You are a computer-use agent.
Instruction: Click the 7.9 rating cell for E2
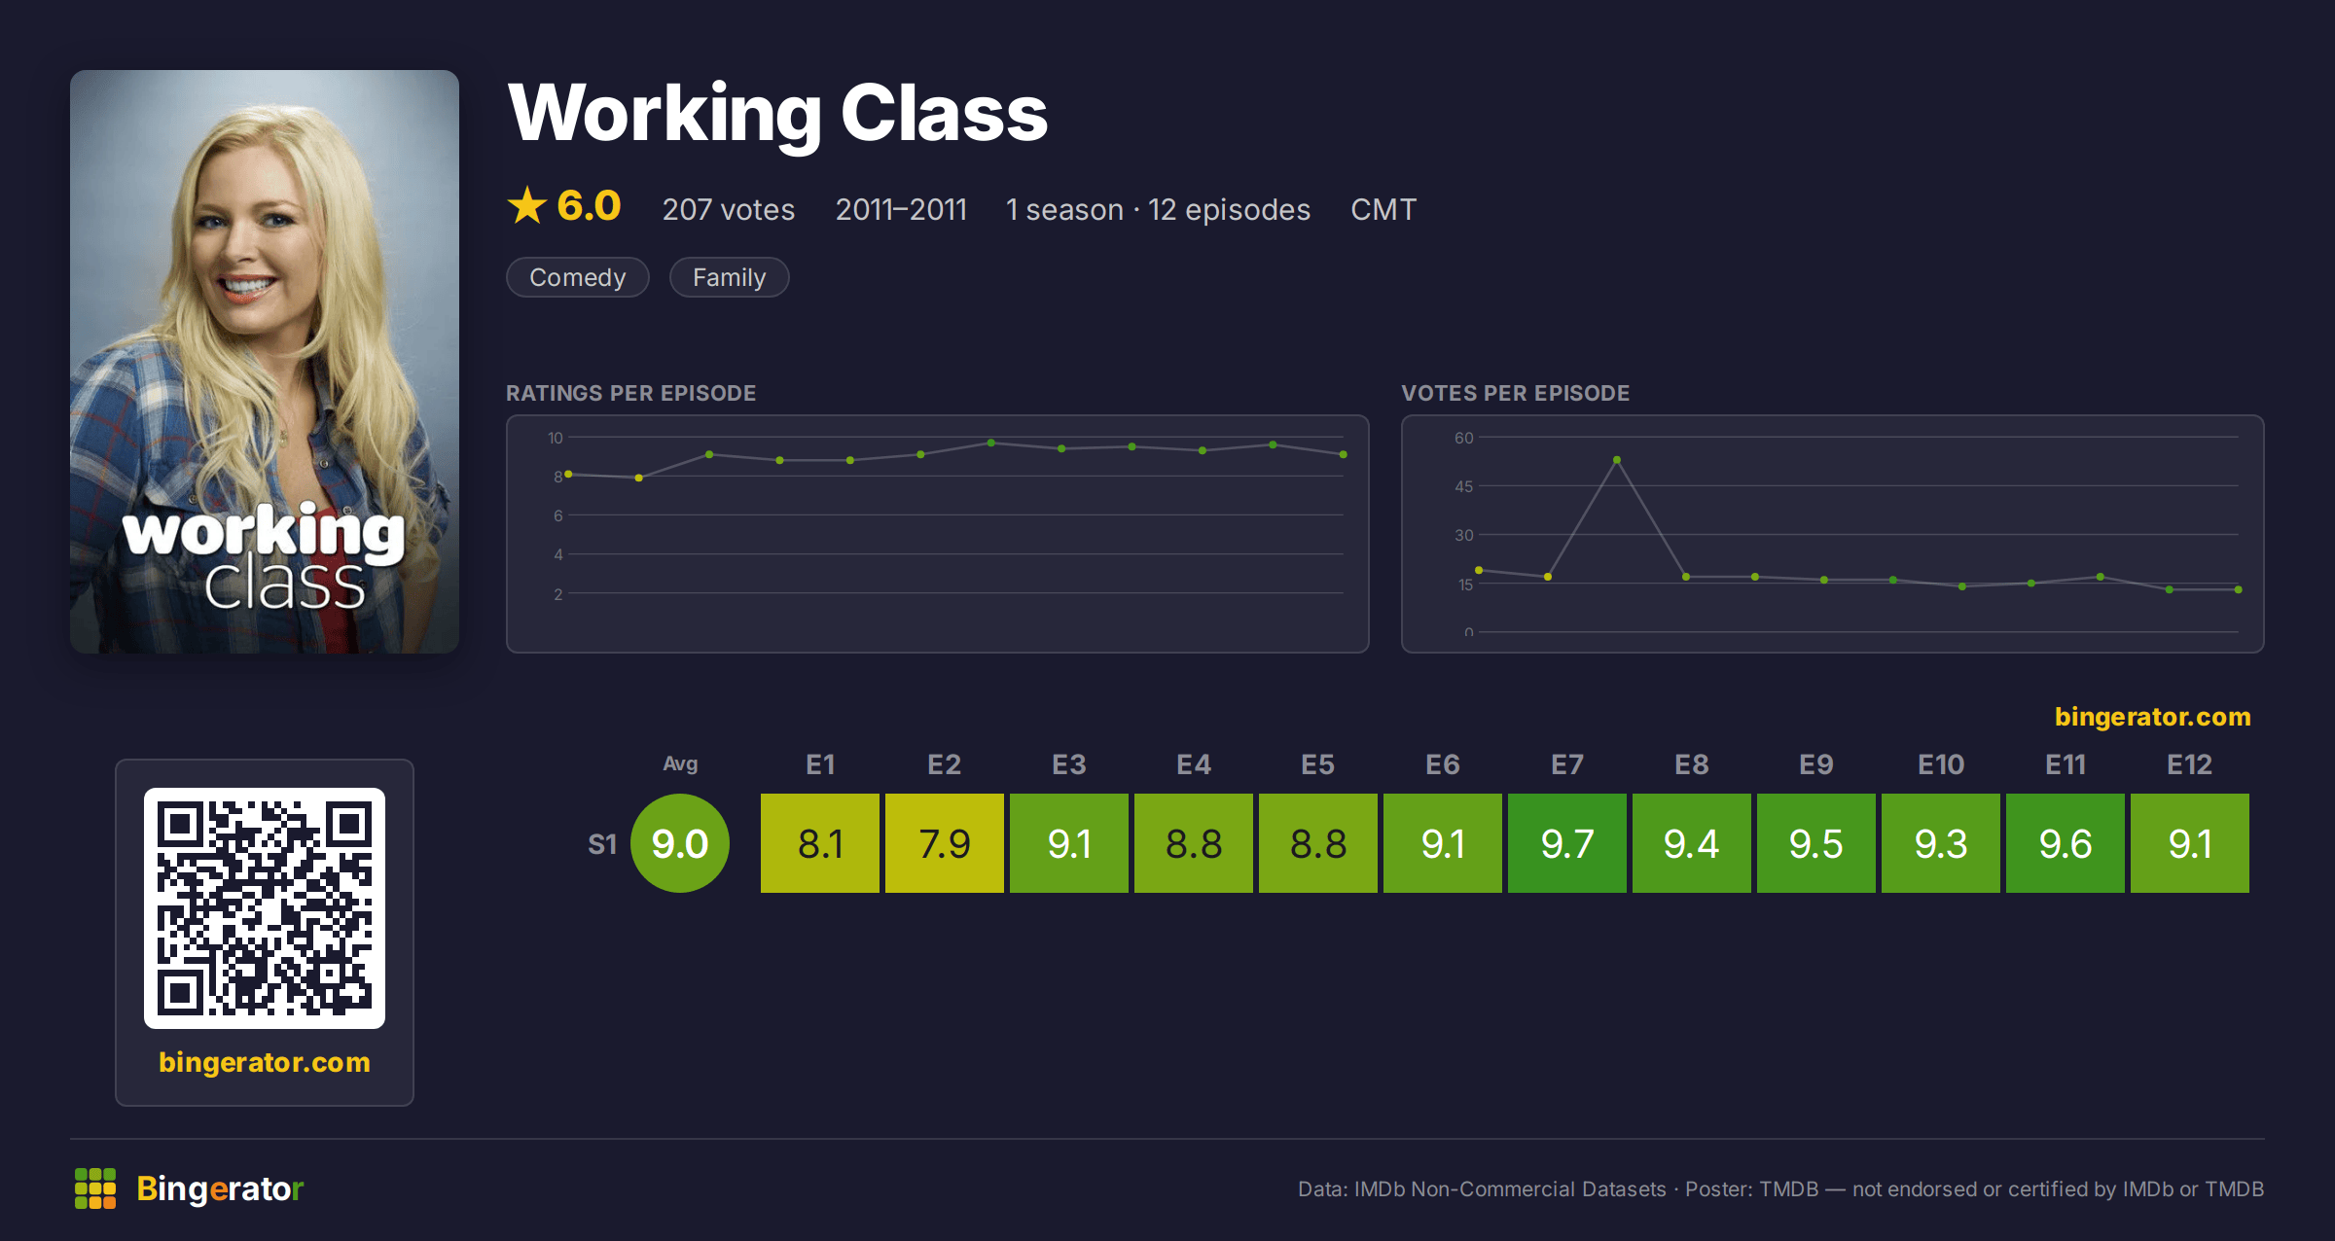(x=944, y=843)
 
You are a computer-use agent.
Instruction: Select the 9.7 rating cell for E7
(x=1566, y=843)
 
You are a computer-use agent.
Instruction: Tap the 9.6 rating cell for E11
(x=2065, y=843)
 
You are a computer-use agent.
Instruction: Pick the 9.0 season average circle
(x=680, y=843)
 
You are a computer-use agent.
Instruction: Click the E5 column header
(x=1317, y=764)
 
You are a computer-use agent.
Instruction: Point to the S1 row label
(x=602, y=844)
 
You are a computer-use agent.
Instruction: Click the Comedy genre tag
(x=578, y=277)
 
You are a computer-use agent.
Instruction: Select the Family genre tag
(x=730, y=277)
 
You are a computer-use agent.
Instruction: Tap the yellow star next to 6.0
(x=527, y=205)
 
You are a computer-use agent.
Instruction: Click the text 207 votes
(x=729, y=209)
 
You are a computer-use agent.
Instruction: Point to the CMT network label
(x=1383, y=209)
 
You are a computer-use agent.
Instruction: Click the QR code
(x=265, y=908)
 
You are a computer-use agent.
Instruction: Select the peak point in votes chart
(x=1617, y=460)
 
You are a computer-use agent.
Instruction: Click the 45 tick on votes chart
(x=1463, y=486)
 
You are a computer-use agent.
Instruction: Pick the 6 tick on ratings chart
(x=558, y=515)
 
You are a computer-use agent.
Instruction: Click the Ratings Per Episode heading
(x=631, y=393)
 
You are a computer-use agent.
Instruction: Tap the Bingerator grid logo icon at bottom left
(x=95, y=1188)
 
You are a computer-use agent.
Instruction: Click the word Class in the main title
(x=944, y=113)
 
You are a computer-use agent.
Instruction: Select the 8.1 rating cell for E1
(x=819, y=843)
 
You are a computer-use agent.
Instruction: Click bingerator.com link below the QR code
(x=265, y=1062)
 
